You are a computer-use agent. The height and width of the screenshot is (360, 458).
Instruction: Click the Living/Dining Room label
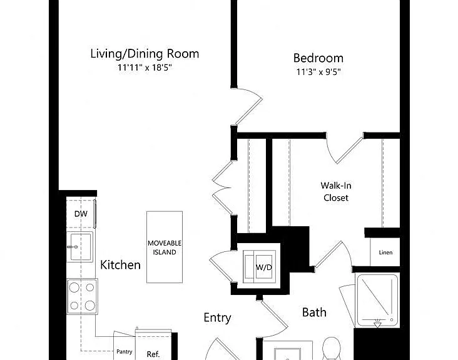point(145,54)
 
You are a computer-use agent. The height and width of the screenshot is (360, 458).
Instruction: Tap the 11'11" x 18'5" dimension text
point(145,67)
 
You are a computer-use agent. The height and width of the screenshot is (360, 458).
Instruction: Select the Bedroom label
point(318,58)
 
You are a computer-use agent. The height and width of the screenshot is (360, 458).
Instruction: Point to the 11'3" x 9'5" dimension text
point(318,72)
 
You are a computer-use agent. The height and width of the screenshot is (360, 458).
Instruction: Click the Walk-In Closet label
point(336,192)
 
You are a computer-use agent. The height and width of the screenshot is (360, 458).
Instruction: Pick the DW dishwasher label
point(81,214)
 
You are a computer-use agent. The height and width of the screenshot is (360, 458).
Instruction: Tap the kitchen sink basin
point(80,247)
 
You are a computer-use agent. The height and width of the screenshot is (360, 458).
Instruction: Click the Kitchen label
point(120,265)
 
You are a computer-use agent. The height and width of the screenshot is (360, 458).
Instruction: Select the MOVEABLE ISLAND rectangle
point(165,247)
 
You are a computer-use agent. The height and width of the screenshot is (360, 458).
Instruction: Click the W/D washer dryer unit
point(260,266)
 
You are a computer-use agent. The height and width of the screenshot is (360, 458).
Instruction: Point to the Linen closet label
point(385,252)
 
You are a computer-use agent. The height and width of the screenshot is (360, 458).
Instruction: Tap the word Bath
point(314,312)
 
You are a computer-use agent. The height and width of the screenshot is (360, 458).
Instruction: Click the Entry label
point(217,317)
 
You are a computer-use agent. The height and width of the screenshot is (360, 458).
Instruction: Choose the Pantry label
point(125,351)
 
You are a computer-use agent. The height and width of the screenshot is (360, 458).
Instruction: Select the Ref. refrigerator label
point(153,354)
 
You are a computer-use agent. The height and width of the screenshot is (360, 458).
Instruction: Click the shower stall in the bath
point(377,300)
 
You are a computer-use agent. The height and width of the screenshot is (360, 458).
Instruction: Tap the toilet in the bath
point(332,349)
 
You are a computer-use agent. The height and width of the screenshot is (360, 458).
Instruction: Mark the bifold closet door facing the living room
point(222,188)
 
